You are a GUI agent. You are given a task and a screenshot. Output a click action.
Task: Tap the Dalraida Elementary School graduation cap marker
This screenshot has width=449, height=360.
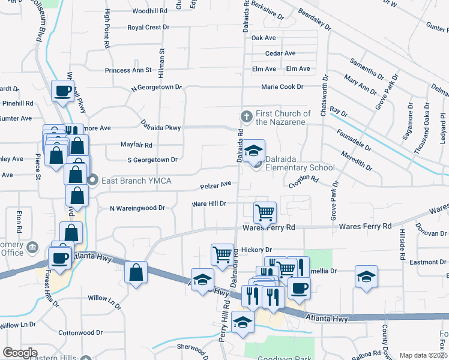coord(254,151)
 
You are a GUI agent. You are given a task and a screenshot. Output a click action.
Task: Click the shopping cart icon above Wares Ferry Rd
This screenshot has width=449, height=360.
coord(265,212)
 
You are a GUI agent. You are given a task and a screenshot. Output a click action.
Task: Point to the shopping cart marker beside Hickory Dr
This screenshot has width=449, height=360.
coord(222,254)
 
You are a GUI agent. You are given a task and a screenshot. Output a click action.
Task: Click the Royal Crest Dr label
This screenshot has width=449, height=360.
coord(149,28)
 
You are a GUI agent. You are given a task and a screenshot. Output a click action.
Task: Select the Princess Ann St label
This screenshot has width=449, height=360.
coord(128,70)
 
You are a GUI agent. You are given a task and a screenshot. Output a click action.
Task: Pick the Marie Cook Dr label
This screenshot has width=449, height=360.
coord(282,87)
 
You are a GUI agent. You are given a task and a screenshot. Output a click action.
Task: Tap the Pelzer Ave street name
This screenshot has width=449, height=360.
coord(215,185)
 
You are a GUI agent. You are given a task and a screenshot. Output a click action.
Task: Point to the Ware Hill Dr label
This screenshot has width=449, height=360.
coord(208,204)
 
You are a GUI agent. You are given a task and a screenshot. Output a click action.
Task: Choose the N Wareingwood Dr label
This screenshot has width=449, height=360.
coord(137,208)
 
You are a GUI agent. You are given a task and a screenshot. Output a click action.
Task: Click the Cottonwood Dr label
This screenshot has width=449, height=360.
coord(81,332)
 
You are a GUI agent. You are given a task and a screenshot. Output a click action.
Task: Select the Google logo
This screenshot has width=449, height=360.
coord(20,353)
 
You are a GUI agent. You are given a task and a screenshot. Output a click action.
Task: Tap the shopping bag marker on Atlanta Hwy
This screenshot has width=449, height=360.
coord(136,272)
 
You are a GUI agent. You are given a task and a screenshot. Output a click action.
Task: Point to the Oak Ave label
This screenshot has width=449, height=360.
coord(264,38)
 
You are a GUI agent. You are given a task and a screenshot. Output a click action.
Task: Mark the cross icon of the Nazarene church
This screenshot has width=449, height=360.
coord(245,115)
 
